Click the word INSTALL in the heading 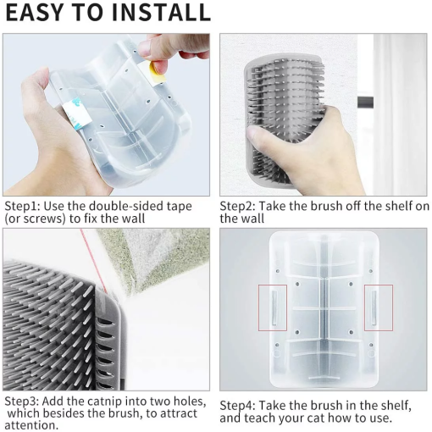[x=162, y=12]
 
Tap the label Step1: [x=22, y=207]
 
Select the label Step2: [x=237, y=207]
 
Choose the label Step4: [x=237, y=406]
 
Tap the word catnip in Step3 [x=105, y=402]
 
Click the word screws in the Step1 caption [x=36, y=219]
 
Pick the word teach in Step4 [x=260, y=418]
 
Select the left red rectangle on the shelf [x=273, y=307]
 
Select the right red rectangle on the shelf [x=379, y=307]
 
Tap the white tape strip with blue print [x=76, y=116]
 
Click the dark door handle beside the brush [x=365, y=102]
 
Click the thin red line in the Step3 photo [x=93, y=261]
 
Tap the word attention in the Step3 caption [x=30, y=425]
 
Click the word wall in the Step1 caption [x=134, y=219]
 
